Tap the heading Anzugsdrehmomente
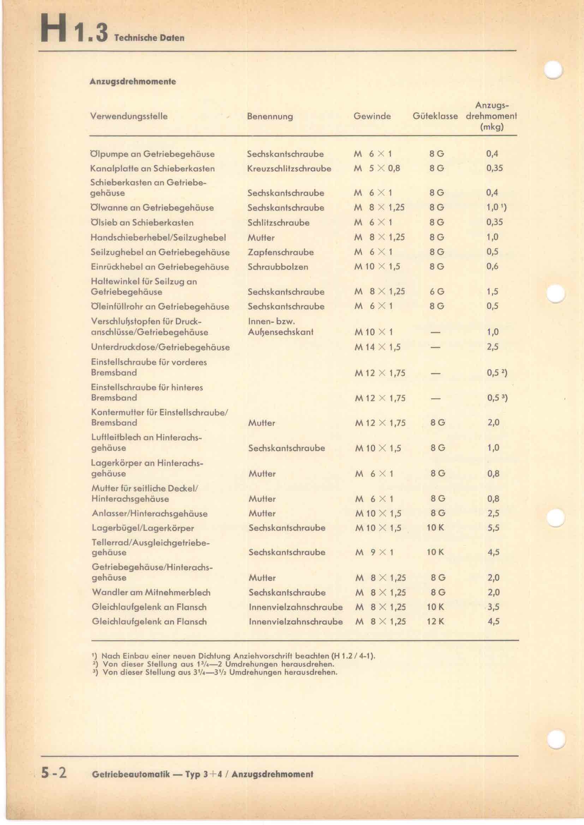pyautogui.click(x=133, y=81)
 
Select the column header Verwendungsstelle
pyautogui.click(x=129, y=116)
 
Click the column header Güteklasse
pyautogui.click(x=435, y=116)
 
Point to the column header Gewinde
pyautogui.click(x=372, y=116)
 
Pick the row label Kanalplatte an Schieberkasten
pyautogui.click(x=153, y=169)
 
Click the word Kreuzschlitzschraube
pyautogui.click(x=289, y=169)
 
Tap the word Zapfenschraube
pyautogui.click(x=280, y=252)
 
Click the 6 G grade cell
pyautogui.click(x=437, y=291)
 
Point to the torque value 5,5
pyautogui.click(x=493, y=528)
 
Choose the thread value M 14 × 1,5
pyautogui.click(x=377, y=347)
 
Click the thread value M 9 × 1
pyautogui.click(x=374, y=552)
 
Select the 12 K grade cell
pyautogui.click(x=435, y=621)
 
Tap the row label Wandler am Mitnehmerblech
pyautogui.click(x=151, y=592)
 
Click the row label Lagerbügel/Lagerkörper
pyautogui.click(x=143, y=528)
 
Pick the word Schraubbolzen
pyautogui.click(x=278, y=267)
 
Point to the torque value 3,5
pyautogui.click(x=493, y=607)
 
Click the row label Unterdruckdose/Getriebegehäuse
pyautogui.click(x=160, y=347)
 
